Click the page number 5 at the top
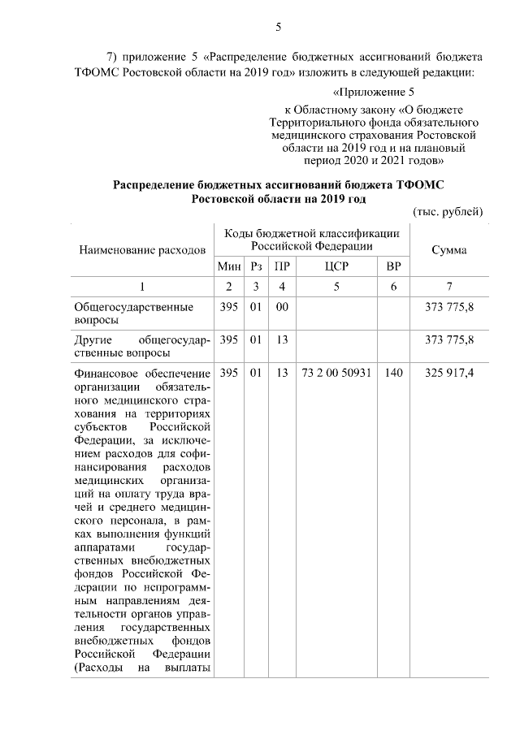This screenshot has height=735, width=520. point(278,27)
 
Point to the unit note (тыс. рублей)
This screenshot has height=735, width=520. point(448,211)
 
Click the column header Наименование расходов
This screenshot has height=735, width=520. point(141,250)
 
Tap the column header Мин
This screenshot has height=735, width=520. point(228,266)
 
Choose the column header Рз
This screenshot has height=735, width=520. point(256,266)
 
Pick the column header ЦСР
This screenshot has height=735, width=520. point(336,266)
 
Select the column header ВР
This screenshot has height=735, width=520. point(393,266)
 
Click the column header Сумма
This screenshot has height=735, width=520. point(448,250)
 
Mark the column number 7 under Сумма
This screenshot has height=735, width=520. point(448,287)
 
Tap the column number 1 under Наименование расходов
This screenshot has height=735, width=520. point(141,287)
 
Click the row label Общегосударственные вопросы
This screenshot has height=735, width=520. point(133,314)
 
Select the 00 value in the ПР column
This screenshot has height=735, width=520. point(282,308)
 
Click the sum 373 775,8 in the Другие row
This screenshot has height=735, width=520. point(448,339)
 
